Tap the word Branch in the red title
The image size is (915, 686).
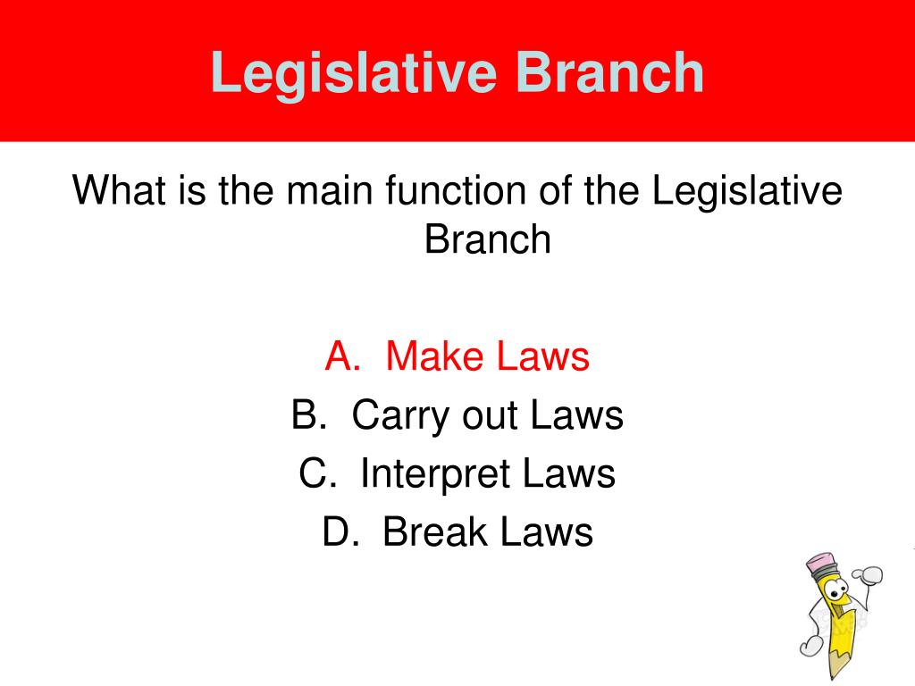[x=614, y=72]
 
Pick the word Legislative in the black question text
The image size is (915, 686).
[x=749, y=191]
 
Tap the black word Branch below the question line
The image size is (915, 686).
[x=488, y=239]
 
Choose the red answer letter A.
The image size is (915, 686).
[x=340, y=357]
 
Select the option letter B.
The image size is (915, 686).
[x=306, y=416]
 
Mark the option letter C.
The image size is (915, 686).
[x=315, y=474]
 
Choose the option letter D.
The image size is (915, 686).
[x=338, y=533]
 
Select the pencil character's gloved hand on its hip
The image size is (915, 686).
[x=810, y=643]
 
